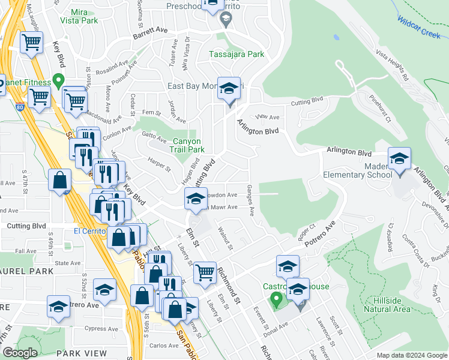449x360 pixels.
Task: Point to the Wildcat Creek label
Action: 418,27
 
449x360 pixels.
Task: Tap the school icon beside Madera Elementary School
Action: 399,160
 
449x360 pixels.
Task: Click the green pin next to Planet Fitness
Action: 58,79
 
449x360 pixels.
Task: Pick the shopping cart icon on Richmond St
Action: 205,272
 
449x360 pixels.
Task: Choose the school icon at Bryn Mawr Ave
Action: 196,199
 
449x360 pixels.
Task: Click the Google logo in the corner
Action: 20,353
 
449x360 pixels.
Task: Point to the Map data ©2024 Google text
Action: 411,355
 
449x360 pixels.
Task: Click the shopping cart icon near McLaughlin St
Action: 31,43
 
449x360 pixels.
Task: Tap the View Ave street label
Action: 268,118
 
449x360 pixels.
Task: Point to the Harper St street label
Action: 158,163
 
